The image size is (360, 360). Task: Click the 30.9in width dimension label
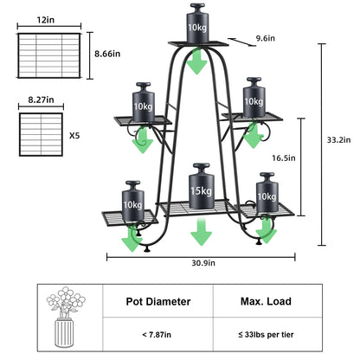tap(202, 263)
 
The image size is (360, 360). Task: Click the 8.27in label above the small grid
tap(40, 100)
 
